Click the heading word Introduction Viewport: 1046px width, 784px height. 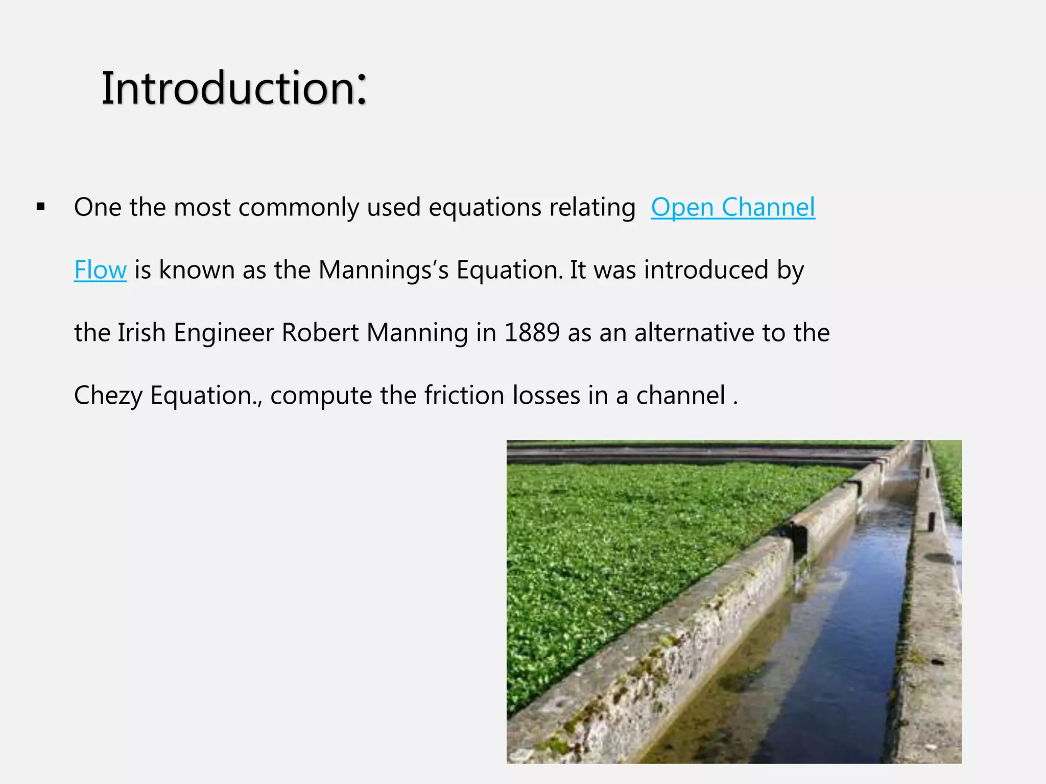(228, 89)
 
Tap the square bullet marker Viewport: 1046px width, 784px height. (41, 207)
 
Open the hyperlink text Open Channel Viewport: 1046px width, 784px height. (732, 207)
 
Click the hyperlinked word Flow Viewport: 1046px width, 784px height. (100, 270)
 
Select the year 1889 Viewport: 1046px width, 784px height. (532, 333)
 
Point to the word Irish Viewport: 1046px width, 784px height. (141, 333)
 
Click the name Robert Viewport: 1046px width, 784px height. (320, 333)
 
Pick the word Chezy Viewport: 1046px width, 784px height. (108, 396)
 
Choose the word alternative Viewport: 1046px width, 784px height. (694, 333)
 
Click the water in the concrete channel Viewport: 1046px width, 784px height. (838, 638)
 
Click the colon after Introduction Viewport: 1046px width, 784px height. (362, 90)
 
